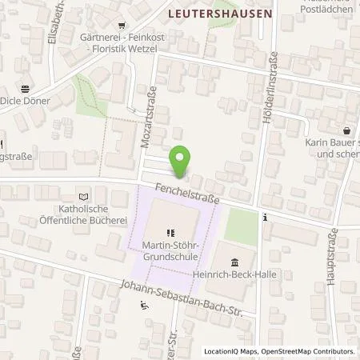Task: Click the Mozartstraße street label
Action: point(147,117)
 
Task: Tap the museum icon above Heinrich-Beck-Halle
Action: point(234,262)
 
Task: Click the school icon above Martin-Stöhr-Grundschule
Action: point(170,233)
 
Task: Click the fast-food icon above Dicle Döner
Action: point(25,89)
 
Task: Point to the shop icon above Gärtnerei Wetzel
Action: point(121,25)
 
